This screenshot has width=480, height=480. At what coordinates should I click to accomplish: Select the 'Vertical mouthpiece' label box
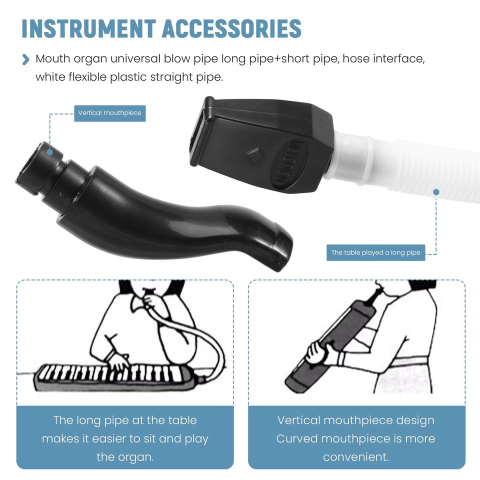[109, 113]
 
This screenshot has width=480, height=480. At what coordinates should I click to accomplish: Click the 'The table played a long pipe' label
[375, 252]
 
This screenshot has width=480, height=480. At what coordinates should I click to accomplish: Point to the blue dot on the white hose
[436, 192]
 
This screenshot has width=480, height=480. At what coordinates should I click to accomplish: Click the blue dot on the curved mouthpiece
[49, 151]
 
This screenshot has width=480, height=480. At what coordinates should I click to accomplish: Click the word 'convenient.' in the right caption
[356, 457]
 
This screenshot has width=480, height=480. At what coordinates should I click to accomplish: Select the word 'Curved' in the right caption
[296, 439]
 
